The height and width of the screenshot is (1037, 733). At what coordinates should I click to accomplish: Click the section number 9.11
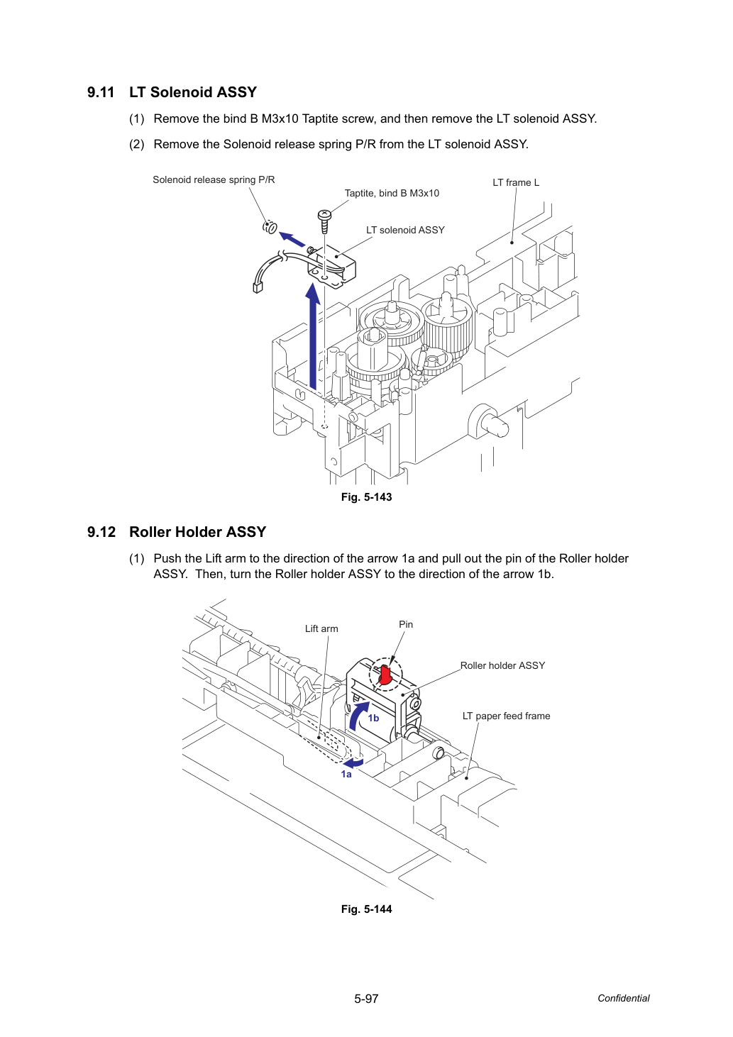click(x=101, y=92)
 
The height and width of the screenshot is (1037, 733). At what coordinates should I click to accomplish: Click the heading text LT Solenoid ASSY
click(x=193, y=92)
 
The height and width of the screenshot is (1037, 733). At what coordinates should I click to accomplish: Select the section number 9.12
click(x=101, y=532)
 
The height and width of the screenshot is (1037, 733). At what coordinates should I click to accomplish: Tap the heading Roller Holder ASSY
click(x=198, y=532)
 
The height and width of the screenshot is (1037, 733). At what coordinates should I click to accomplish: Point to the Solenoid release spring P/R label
click(x=214, y=179)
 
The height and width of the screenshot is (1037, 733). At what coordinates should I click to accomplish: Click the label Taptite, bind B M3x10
click(x=392, y=193)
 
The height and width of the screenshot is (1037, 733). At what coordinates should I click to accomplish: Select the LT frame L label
click(x=516, y=182)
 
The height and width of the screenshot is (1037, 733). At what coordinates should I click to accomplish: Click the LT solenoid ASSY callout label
click(x=405, y=230)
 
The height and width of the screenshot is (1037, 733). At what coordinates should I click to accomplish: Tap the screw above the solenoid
click(x=324, y=221)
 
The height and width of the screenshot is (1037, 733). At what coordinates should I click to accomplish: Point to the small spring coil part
click(x=270, y=227)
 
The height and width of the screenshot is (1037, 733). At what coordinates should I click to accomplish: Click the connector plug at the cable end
click(x=258, y=287)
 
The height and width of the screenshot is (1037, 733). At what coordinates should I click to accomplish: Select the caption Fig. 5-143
click(x=366, y=497)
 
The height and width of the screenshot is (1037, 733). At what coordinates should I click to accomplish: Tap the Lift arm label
click(x=321, y=628)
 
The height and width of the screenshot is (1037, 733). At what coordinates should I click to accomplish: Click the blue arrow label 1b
click(x=373, y=718)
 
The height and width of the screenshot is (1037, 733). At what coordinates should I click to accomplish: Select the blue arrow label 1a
click(x=346, y=774)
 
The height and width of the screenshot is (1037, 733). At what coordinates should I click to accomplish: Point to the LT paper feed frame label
click(x=506, y=716)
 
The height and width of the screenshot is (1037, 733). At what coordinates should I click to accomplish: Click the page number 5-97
click(x=366, y=999)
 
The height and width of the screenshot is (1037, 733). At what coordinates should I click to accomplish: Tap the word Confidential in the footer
click(x=623, y=999)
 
